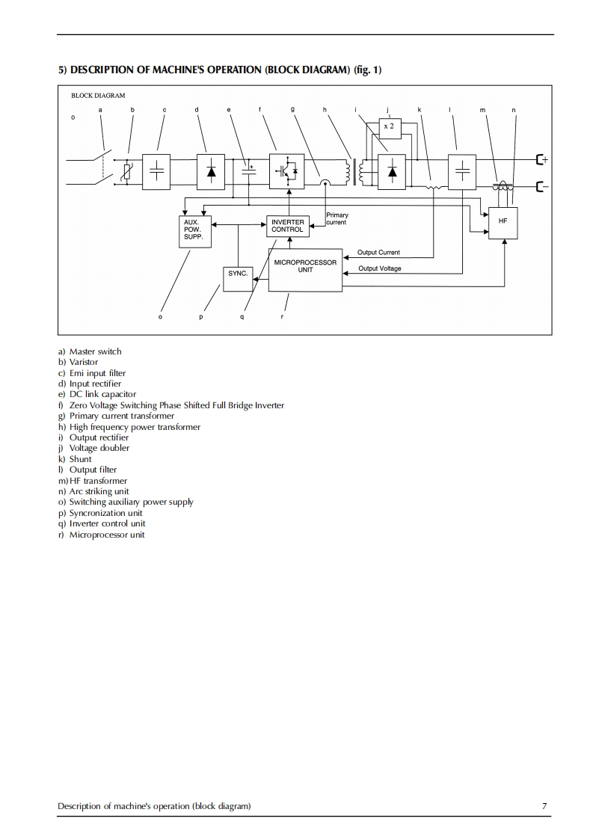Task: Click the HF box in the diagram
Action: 503,223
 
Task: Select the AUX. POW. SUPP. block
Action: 197,231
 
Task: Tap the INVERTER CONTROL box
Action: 287,226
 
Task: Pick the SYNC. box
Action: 238,278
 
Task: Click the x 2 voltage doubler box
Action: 389,128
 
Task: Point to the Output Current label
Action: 378,253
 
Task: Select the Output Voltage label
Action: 379,268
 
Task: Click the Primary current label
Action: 337,219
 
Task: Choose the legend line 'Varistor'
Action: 84,362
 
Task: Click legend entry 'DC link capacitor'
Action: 102,394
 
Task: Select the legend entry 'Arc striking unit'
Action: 99,491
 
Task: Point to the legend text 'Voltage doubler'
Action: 99,448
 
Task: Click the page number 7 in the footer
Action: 544,805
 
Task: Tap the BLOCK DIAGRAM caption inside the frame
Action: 98,96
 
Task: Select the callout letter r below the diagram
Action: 282,316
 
